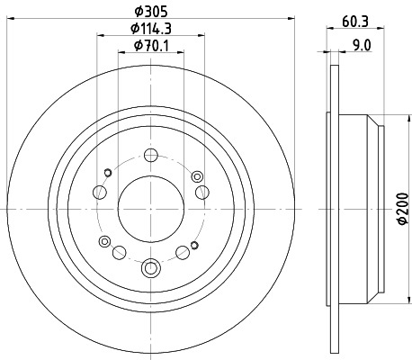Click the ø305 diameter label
click(149, 10)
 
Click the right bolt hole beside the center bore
click(202, 191)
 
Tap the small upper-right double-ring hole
click(196, 173)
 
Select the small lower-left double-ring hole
click(106, 240)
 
